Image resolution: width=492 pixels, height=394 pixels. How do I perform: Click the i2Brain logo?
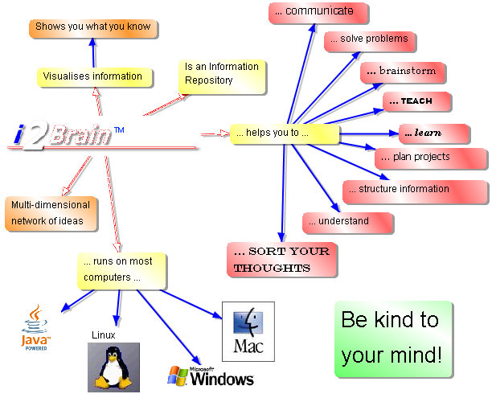tap(64, 133)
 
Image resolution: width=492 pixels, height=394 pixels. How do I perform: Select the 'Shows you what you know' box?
tap(92, 27)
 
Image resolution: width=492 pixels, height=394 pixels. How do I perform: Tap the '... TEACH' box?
tap(417, 101)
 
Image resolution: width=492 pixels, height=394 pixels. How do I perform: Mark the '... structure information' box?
tap(415, 190)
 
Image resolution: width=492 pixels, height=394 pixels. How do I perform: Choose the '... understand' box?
tap(347, 221)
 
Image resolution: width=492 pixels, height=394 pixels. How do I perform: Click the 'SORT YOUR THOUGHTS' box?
tap(281, 260)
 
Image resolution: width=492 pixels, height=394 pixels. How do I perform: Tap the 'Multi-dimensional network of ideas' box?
tap(51, 213)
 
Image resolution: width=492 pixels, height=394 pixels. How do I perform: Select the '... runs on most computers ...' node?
tap(123, 271)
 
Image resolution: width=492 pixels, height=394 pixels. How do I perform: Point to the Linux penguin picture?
tap(113, 367)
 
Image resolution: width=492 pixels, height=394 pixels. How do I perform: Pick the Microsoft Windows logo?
tap(211, 376)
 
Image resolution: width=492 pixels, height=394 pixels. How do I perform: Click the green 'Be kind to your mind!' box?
tap(392, 338)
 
